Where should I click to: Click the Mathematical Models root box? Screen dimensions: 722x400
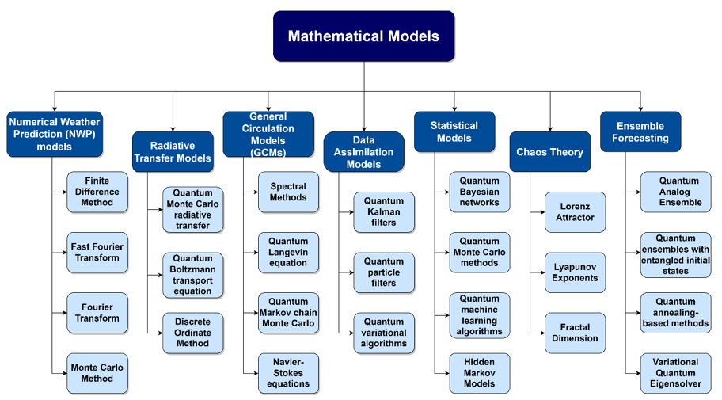[x=363, y=36]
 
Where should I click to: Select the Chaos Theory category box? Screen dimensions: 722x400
[x=549, y=152]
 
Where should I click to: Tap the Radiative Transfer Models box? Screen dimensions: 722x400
[x=173, y=152]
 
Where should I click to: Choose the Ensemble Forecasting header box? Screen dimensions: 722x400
[x=640, y=131]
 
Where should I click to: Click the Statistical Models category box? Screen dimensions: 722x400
[x=454, y=131]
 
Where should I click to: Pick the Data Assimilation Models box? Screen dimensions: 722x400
[x=363, y=152]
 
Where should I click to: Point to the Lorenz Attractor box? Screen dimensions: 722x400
[x=575, y=212]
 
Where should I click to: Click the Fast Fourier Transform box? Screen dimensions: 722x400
[x=97, y=253]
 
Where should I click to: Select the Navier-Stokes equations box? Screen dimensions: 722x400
[x=288, y=373]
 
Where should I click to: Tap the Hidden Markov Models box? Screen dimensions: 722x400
[x=479, y=373]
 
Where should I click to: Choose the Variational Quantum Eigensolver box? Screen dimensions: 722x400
[x=675, y=373]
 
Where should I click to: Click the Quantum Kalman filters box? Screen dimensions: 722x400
[x=384, y=212]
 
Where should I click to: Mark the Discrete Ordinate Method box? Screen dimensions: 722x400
[x=193, y=333]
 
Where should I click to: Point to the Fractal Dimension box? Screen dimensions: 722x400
[x=575, y=333]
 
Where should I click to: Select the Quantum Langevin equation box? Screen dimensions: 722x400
[x=288, y=253]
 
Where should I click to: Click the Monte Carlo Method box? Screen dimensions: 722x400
[x=97, y=373]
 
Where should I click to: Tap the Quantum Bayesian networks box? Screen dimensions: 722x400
[x=479, y=192]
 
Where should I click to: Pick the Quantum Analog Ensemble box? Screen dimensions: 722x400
[x=675, y=192]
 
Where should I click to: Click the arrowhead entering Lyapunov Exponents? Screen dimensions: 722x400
[x=542, y=272]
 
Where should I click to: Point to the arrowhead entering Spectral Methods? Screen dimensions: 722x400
[x=256, y=192]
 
